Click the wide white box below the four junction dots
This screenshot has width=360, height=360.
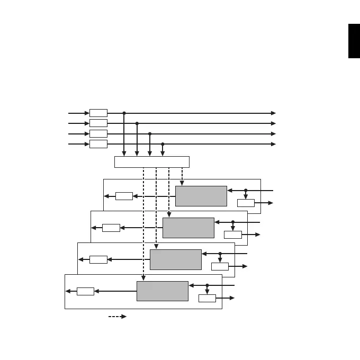[x=152, y=162]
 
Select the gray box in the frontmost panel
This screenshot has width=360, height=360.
[x=163, y=291]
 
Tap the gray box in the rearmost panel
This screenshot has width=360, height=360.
[x=201, y=196]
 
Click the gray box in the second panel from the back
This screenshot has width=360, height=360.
[x=188, y=228]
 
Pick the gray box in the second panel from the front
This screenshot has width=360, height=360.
[x=176, y=259]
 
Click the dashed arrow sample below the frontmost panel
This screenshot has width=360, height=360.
[x=118, y=317]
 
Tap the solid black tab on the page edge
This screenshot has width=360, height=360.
[x=354, y=41]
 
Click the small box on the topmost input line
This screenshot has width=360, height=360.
[x=98, y=113]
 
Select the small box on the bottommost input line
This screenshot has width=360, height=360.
[x=98, y=144]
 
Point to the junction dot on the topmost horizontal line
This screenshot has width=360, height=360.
[x=124, y=113]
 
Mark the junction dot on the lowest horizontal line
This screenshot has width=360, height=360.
[x=163, y=144]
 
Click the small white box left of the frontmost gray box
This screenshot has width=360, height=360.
[x=85, y=291]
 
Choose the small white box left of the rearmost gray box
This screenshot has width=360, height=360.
[x=124, y=196]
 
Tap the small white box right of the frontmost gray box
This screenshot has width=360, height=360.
[x=207, y=298]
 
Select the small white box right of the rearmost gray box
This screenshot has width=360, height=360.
[x=246, y=203]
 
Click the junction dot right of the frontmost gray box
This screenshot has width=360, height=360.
[x=207, y=285]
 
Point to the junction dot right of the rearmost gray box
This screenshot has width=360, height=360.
[x=246, y=190]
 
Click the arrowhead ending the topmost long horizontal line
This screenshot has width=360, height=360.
[x=274, y=113]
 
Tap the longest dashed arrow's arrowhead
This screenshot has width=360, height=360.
[x=143, y=278]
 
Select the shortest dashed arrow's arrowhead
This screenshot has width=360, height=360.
[x=182, y=183]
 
